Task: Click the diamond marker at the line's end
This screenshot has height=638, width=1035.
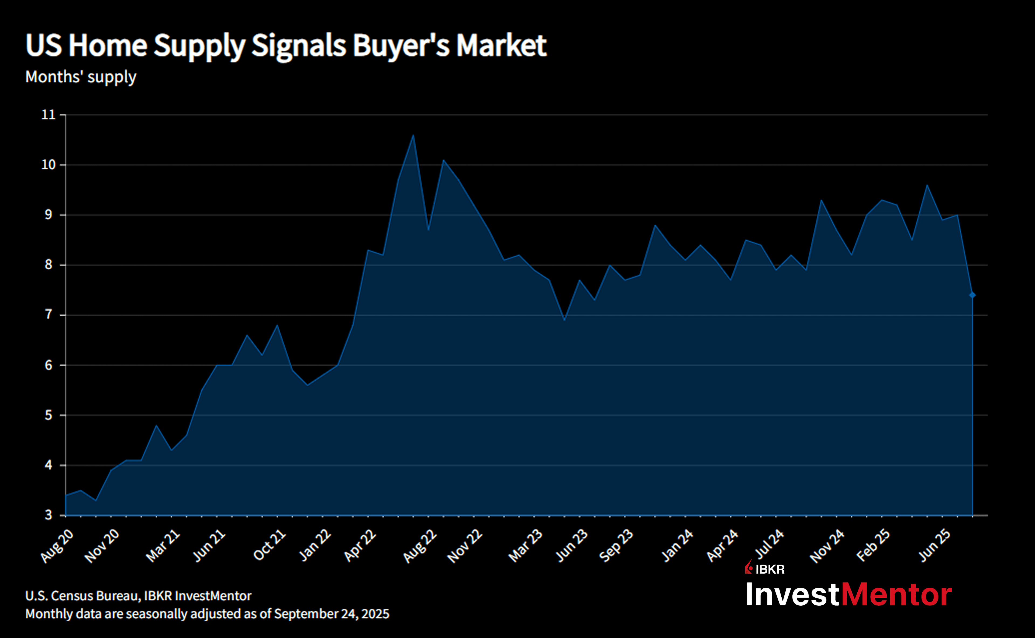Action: click(972, 295)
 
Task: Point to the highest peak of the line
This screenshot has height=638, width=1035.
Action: click(413, 135)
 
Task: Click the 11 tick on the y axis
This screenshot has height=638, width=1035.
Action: click(49, 115)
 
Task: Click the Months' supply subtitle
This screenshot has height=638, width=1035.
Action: click(81, 77)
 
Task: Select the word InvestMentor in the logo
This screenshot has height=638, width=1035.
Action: click(849, 595)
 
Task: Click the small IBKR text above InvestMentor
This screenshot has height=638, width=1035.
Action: click(770, 570)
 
